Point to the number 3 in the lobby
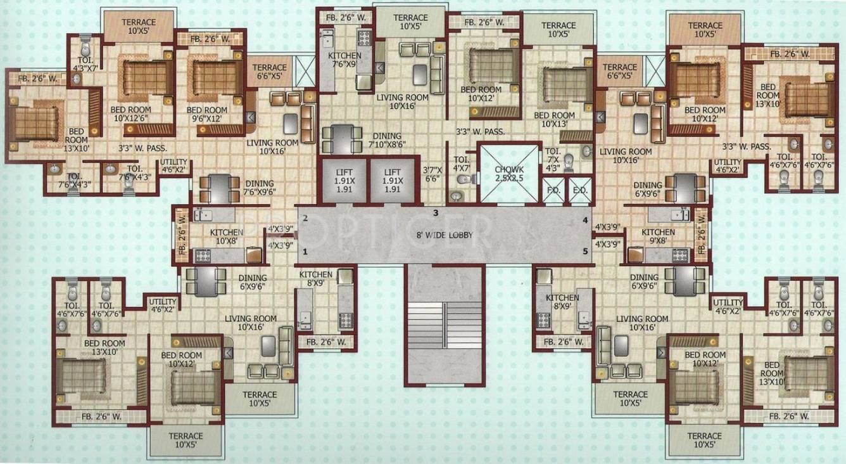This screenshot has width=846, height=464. point(436,213)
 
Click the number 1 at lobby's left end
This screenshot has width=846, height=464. point(305,252)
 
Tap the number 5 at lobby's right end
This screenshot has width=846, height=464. point(585,252)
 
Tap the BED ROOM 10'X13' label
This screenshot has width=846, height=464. point(554,120)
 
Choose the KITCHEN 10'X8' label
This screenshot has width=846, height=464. point(227,236)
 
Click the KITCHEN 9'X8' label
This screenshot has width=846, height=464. point(658,236)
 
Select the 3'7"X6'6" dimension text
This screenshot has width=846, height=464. point(434,174)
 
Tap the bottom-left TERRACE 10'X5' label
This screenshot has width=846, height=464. point(186,440)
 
